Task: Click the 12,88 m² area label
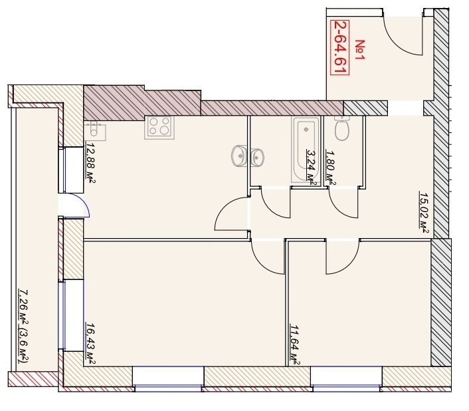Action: (x=90, y=162)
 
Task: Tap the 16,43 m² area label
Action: (x=90, y=343)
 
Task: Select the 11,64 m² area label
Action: (x=295, y=345)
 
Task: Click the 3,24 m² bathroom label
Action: (x=312, y=168)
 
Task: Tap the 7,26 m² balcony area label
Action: (x=24, y=327)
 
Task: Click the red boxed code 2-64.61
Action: (x=339, y=47)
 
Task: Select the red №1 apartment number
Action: (x=360, y=50)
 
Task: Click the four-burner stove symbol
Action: (x=159, y=127)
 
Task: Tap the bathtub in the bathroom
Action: (x=306, y=150)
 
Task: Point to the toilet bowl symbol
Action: (x=341, y=129)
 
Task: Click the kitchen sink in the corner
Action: (x=95, y=131)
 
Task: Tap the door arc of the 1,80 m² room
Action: (x=339, y=209)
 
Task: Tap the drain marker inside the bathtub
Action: (x=306, y=130)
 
